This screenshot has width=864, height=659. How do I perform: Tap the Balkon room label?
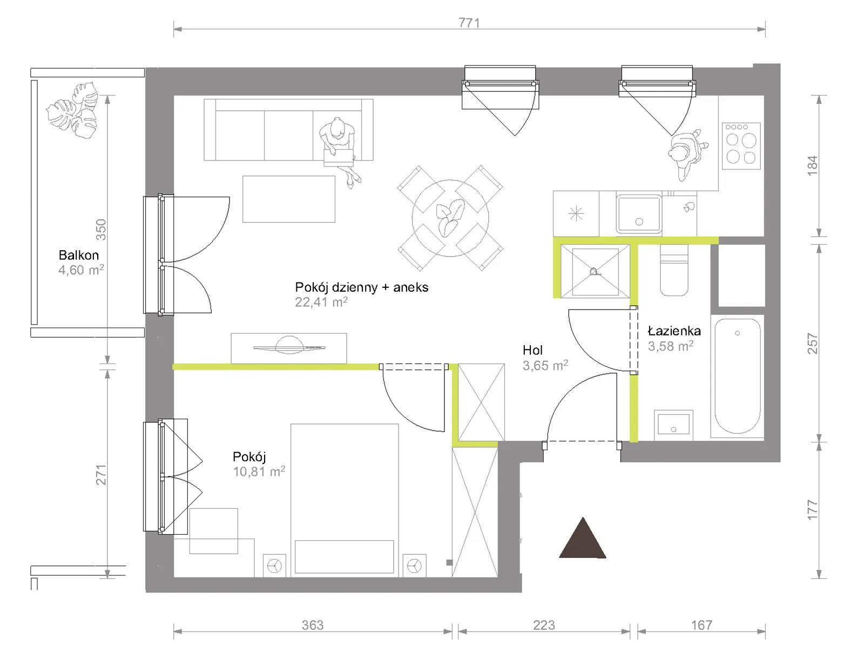(x=79, y=255)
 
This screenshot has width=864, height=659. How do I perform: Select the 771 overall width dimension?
(x=469, y=23)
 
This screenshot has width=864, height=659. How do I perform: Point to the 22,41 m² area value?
(x=321, y=302)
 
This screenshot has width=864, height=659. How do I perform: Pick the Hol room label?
(x=532, y=350)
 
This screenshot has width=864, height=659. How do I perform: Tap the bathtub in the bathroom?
(x=737, y=376)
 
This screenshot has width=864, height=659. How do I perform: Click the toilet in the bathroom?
(x=674, y=271)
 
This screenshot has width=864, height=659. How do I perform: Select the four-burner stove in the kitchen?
(x=741, y=146)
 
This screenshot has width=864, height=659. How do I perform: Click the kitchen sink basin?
(x=638, y=213)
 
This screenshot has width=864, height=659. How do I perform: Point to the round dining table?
(x=450, y=218)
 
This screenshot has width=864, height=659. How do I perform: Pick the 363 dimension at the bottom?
(x=313, y=625)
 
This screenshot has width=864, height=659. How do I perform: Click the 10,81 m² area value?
(x=259, y=471)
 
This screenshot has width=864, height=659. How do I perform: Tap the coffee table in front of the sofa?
(x=288, y=199)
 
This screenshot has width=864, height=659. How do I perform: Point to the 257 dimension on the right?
(x=813, y=344)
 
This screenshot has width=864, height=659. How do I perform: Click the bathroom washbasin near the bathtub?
(x=673, y=425)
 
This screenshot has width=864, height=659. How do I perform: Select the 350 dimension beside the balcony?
(x=101, y=230)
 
